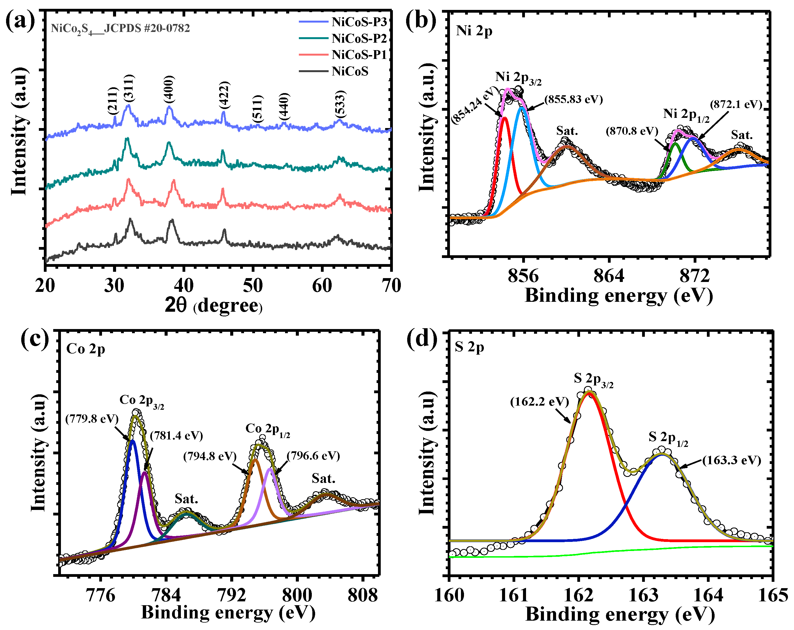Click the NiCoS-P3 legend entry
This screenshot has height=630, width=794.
[x=359, y=22]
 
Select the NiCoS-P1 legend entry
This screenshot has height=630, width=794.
[x=359, y=55]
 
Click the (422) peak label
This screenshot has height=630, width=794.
[x=224, y=95]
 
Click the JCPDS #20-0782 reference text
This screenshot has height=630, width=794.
[x=120, y=28]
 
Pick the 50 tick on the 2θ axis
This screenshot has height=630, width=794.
[x=253, y=286]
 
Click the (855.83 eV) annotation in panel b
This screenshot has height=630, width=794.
[x=573, y=99]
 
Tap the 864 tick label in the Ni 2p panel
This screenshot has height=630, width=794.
[x=609, y=276]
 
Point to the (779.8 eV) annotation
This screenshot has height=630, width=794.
[x=92, y=419]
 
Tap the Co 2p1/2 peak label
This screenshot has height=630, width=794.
[x=268, y=430]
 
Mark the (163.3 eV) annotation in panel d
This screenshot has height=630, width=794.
[x=731, y=460]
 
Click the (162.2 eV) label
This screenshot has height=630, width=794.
[x=540, y=402]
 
